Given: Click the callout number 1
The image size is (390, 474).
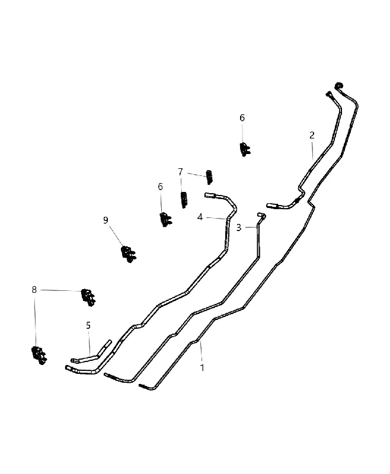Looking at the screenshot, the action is [x=202, y=367].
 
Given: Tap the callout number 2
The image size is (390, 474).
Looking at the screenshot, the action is [x=312, y=135].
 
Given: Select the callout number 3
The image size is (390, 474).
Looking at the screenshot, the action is [x=239, y=228].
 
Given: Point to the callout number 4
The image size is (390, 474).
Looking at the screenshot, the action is [x=200, y=217].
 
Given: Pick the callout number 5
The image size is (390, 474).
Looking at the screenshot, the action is [x=88, y=325].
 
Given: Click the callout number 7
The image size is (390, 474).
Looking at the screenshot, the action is [x=181, y=172].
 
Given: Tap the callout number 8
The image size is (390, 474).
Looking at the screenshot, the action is [x=34, y=290].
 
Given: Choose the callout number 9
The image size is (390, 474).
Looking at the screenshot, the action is [x=106, y=220].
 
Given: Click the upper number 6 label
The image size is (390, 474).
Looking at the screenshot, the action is [x=242, y=118].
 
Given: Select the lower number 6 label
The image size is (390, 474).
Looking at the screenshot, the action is [x=160, y=187].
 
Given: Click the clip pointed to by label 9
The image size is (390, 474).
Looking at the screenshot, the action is [x=129, y=254].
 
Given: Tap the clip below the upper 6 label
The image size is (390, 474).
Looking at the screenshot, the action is [x=245, y=149].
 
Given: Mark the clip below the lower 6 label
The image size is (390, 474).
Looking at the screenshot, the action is [x=165, y=219].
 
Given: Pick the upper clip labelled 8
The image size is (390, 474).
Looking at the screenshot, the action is [x=88, y=297].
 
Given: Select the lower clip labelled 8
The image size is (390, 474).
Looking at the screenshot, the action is [x=39, y=355].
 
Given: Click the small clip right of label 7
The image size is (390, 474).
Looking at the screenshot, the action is [x=209, y=177].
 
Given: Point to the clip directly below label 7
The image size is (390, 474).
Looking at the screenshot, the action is [x=184, y=200].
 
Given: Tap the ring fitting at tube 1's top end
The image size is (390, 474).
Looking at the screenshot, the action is [x=338, y=85].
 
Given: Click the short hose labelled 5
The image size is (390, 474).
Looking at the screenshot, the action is [x=91, y=351].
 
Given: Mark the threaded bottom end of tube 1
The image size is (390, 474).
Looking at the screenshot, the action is [x=143, y=386].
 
